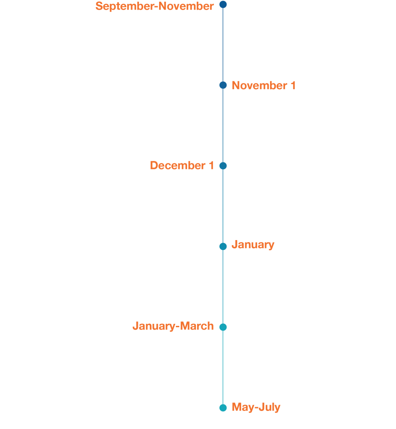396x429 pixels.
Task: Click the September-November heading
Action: (154, 6)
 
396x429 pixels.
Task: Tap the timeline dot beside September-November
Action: (223, 5)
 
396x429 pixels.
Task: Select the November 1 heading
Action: (264, 85)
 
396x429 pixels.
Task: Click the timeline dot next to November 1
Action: (223, 85)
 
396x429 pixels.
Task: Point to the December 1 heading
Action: (182, 165)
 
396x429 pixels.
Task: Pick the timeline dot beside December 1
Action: (223, 166)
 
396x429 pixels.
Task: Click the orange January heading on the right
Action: (253, 245)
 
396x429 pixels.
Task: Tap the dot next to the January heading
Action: (223, 246)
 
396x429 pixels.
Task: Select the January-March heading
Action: (173, 326)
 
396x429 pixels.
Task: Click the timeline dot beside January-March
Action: (223, 327)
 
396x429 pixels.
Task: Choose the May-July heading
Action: (256, 407)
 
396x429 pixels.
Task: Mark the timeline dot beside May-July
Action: (223, 408)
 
